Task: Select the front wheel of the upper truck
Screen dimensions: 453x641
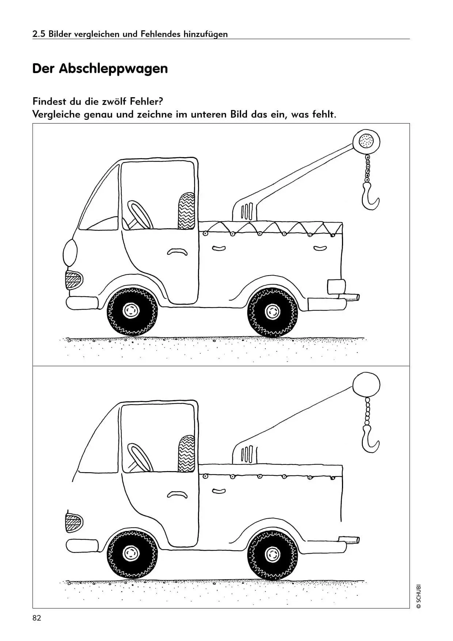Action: click(x=132, y=311)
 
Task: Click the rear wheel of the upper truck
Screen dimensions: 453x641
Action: click(x=272, y=312)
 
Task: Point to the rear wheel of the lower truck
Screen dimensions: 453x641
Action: click(x=272, y=554)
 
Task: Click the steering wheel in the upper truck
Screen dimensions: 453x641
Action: click(x=139, y=216)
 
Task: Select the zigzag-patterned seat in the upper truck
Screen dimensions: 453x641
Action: click(x=186, y=210)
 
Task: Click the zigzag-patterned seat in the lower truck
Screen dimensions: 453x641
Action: click(x=186, y=454)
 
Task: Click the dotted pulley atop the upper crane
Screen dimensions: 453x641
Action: click(x=366, y=141)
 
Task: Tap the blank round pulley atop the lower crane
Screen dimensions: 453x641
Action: click(x=366, y=384)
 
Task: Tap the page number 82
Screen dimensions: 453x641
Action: click(x=37, y=618)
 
